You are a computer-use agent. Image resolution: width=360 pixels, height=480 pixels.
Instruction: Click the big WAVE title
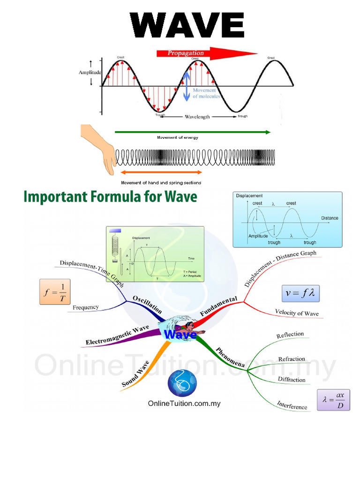[x=187, y=26]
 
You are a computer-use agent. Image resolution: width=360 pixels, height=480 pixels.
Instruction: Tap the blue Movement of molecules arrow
[x=187, y=86]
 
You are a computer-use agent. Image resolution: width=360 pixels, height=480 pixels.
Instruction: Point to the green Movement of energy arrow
[x=192, y=132]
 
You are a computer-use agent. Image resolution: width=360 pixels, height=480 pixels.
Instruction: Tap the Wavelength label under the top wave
[x=197, y=117]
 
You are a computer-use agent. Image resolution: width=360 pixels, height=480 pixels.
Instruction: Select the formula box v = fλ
[x=300, y=294]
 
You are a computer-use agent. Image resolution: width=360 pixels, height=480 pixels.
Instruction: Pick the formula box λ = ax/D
[x=333, y=400]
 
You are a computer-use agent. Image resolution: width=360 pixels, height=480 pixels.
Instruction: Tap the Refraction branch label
[x=292, y=360]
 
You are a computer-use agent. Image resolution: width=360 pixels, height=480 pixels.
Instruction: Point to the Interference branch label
[x=292, y=405]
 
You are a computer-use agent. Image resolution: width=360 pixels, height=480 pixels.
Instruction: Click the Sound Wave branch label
[x=135, y=374]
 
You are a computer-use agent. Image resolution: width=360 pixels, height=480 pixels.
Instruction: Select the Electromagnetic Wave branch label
[x=117, y=336]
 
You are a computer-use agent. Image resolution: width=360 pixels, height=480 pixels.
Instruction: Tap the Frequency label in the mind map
[x=86, y=307]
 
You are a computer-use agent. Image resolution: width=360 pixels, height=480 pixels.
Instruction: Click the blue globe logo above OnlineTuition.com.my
[x=182, y=383]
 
